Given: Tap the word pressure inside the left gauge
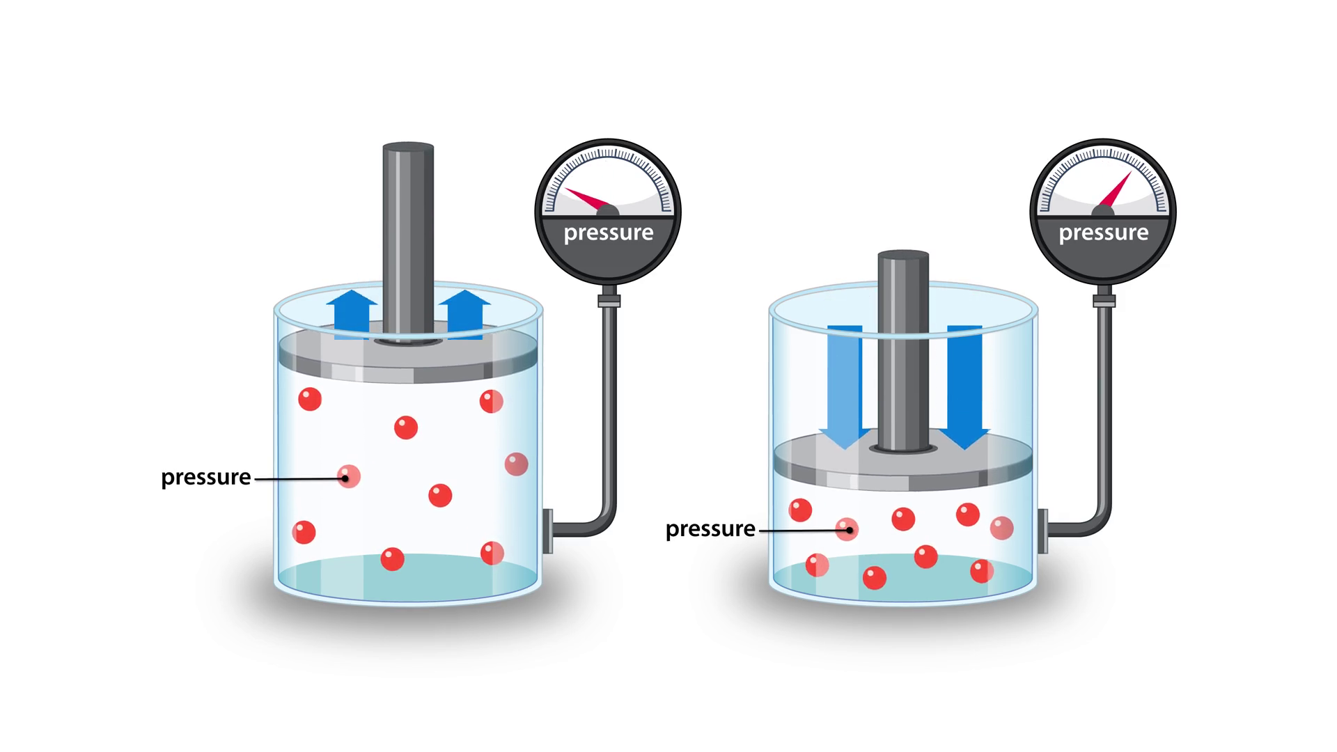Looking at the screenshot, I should (x=608, y=233).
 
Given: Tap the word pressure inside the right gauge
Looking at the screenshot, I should (x=1103, y=233).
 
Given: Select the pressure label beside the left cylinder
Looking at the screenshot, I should (x=205, y=478).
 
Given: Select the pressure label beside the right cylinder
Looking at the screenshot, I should (x=710, y=529).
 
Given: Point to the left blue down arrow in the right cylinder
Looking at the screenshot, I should (x=844, y=383).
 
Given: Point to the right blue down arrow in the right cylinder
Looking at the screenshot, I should (x=964, y=383).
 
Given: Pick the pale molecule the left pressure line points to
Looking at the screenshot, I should (x=348, y=476).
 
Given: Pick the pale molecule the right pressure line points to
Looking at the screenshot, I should (x=847, y=529).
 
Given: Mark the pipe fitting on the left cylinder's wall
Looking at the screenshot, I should (x=547, y=530).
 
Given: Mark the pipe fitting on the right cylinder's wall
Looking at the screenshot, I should (x=1042, y=531).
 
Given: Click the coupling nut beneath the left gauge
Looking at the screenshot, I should (x=608, y=300).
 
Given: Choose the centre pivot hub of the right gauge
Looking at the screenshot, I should (x=1103, y=211).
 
